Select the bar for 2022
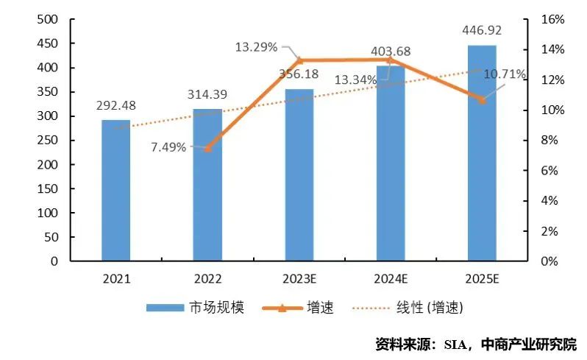click(x=207, y=185)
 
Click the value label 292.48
click(x=115, y=105)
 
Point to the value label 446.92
click(x=482, y=32)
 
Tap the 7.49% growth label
click(x=169, y=146)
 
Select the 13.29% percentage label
click(x=256, y=48)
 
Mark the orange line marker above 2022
click(x=207, y=148)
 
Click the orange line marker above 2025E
click(x=482, y=99)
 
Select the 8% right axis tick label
click(x=552, y=140)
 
